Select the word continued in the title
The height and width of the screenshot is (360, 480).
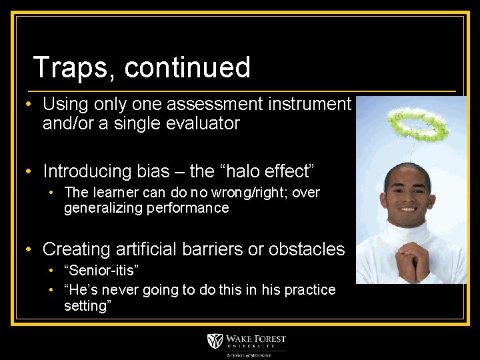[187, 68]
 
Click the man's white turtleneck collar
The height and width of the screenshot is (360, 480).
[408, 229]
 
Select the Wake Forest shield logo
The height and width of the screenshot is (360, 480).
[215, 341]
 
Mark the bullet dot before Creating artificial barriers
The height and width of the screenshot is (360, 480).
[29, 250]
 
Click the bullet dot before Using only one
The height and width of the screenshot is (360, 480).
[29, 105]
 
